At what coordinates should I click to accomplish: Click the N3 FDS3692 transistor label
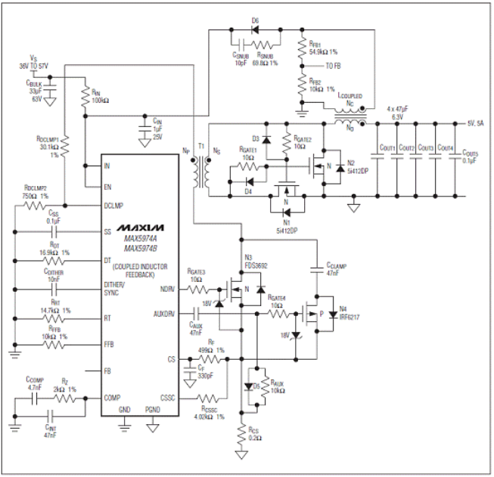tap(256, 262)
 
